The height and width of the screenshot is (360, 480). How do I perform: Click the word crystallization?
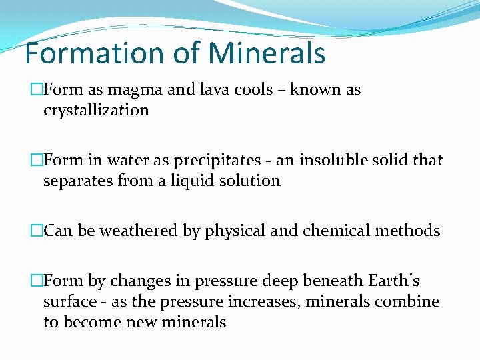(96, 110)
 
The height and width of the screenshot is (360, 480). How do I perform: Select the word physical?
(235, 231)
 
